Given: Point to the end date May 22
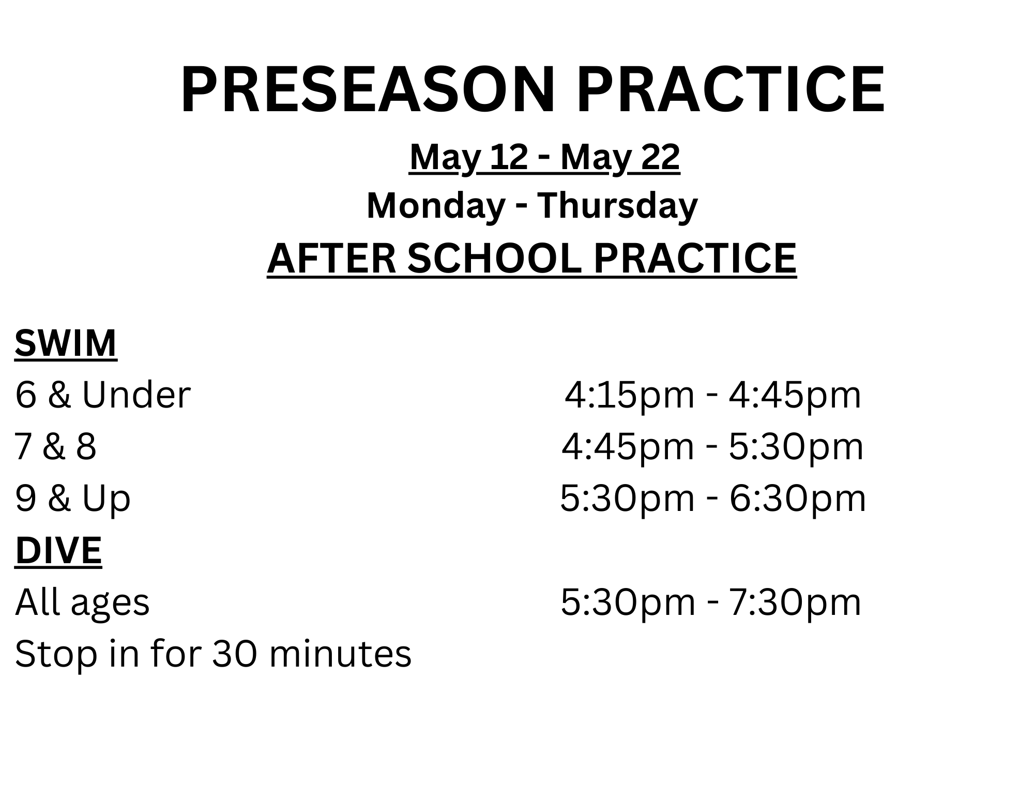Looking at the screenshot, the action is click(x=620, y=158).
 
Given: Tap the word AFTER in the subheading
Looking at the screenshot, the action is click(x=331, y=258).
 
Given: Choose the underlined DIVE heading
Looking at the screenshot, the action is click(x=58, y=550).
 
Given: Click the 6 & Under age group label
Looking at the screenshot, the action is click(x=103, y=395).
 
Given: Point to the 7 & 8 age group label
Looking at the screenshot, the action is click(x=55, y=447).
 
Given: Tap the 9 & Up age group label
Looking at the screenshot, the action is click(x=73, y=499).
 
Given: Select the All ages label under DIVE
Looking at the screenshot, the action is click(x=82, y=603).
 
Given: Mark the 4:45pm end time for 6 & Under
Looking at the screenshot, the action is click(x=795, y=396).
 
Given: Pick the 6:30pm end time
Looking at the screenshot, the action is click(x=798, y=499).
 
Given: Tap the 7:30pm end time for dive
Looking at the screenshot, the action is click(x=795, y=603).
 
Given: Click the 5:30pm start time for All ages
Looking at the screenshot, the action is click(x=628, y=603).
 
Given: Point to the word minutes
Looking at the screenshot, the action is click(x=340, y=654).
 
